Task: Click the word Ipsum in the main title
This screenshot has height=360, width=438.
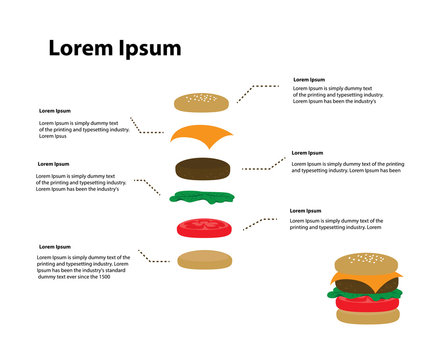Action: click(148, 49)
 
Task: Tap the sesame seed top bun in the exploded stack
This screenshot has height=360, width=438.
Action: click(202, 101)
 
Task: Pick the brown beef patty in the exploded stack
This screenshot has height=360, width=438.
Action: click(204, 167)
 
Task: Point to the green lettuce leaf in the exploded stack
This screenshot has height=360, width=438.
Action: click(202, 197)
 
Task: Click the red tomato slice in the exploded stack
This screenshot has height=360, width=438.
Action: click(204, 226)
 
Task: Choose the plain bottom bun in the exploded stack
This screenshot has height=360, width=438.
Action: click(205, 260)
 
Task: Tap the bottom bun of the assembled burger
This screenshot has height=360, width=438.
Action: click(366, 316)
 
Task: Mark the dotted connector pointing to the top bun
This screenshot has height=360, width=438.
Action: click(257, 91)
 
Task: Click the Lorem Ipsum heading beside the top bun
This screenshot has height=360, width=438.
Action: click(308, 79)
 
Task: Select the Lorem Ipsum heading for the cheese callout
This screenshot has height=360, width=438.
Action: click(54, 111)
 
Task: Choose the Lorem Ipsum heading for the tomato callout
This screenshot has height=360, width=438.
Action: click(305, 211)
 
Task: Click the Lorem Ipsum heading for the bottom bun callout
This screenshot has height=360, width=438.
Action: click(54, 246)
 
